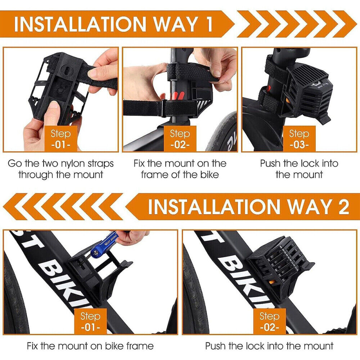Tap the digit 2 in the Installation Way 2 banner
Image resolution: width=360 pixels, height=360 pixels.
click(x=344, y=206)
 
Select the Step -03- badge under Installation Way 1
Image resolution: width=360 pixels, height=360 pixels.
click(x=299, y=139)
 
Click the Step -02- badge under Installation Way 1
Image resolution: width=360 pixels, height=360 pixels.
click(x=180, y=139)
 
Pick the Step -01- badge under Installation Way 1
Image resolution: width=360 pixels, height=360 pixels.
click(x=61, y=139)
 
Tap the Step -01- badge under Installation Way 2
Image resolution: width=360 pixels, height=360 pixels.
click(x=90, y=321)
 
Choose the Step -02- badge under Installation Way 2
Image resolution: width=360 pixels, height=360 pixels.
click(x=270, y=321)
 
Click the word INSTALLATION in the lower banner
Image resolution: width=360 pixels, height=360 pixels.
click(x=214, y=206)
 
